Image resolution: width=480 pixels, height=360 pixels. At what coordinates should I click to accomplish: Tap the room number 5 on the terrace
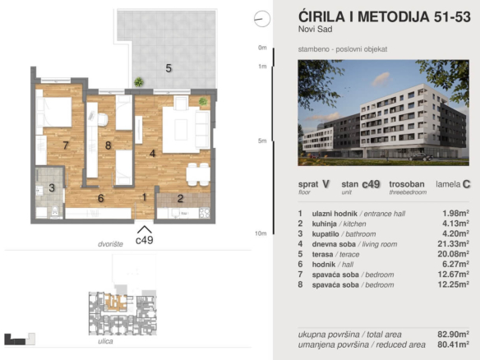pos(168,68)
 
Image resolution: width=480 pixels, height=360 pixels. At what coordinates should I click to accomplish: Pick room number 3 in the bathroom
pos(51,188)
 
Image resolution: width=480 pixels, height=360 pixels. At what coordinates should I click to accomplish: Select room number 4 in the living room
pos(152,153)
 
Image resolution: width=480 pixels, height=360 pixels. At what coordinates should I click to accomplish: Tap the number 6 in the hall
pos(100,198)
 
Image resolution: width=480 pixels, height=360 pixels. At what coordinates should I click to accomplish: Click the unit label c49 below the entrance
pos(144,240)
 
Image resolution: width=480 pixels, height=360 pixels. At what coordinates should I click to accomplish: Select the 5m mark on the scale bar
pos(262,141)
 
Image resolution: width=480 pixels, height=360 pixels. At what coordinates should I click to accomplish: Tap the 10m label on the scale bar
pos(261,233)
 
